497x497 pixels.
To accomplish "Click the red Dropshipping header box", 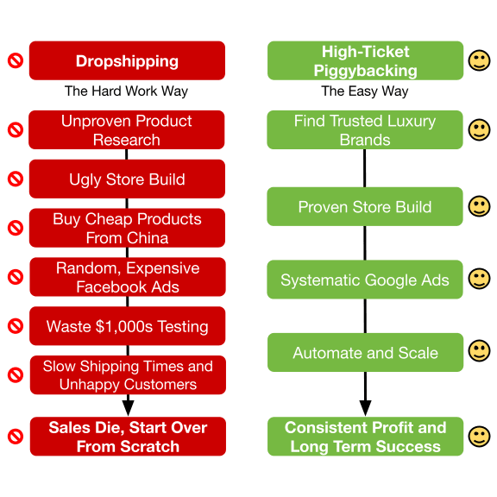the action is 127,60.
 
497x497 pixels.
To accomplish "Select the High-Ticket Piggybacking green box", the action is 366,60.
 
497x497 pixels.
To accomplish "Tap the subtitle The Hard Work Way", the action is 126,91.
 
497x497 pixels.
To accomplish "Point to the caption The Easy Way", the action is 365,91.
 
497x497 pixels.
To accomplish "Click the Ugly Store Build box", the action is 127,179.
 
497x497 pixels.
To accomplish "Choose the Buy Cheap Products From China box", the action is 127,228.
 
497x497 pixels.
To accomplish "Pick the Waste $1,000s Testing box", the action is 128,326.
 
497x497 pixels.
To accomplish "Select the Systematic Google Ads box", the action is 365,280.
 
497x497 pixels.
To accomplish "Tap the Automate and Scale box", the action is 366,352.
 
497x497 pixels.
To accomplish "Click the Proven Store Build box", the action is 365,207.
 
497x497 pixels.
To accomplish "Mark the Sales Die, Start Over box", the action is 128,437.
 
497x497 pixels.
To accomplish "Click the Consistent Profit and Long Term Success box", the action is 366,437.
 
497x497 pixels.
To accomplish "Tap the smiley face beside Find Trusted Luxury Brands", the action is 479,130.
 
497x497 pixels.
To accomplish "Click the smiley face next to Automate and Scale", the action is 479,351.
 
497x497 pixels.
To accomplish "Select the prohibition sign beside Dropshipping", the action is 16,60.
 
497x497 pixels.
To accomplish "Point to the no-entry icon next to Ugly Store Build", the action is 16,179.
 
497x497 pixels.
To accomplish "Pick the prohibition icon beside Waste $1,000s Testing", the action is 16,326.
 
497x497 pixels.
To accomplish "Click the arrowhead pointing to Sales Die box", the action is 128,408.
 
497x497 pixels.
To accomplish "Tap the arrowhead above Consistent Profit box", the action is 366,408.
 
